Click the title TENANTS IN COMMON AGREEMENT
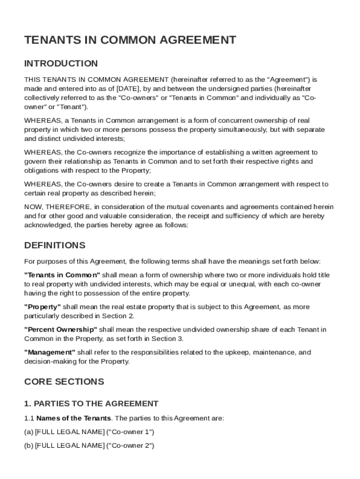pos(130,40)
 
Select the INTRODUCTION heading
pos(61,63)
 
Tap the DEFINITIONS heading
pos(54,245)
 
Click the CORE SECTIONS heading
pos(64,381)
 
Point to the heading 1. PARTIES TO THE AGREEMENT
pos(91,403)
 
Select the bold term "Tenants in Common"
pos(62,275)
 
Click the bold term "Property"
pos(43,307)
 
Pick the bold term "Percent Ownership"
pos(61,329)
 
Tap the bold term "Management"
pos(50,352)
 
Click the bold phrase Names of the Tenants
pos(73,418)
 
